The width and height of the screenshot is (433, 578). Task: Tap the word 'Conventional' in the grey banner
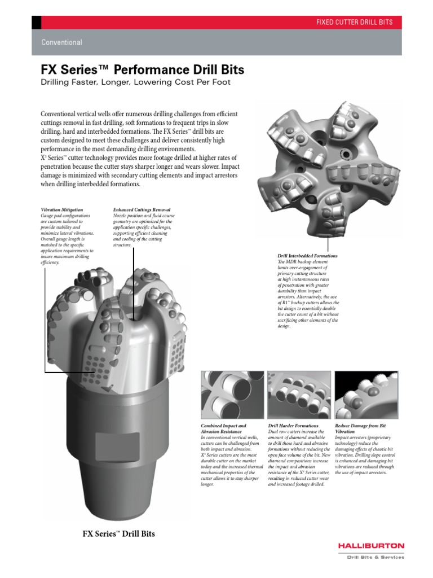pyautogui.click(x=61, y=42)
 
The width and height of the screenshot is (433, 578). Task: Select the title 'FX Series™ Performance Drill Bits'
pyautogui.click(x=143, y=70)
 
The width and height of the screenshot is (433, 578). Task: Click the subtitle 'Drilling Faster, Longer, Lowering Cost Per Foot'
pyautogui.click(x=136, y=82)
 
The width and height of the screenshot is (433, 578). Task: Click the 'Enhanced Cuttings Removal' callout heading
pyautogui.click(x=142, y=209)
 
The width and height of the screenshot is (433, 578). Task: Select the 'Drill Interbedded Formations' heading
pyautogui.click(x=308, y=256)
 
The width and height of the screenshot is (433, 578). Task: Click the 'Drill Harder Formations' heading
pyautogui.click(x=293, y=425)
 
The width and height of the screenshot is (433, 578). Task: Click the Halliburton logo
pyautogui.click(x=371, y=546)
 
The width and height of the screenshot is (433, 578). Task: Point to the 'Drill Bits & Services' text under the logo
pyautogui.click(x=375, y=557)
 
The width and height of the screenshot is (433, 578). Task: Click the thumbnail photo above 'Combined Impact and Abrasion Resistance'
pyautogui.click(x=232, y=395)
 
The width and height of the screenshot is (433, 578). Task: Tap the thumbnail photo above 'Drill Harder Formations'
pyautogui.click(x=299, y=395)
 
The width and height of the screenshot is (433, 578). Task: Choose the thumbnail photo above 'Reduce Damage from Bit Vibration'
pyautogui.click(x=366, y=395)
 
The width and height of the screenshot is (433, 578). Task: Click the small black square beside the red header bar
pyautogui.click(x=36, y=22)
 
